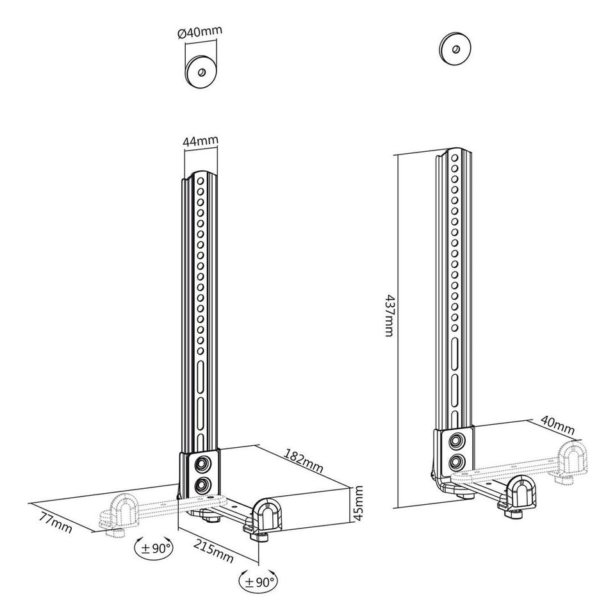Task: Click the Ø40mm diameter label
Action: pyautogui.click(x=200, y=32)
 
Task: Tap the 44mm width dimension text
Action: pyautogui.click(x=201, y=141)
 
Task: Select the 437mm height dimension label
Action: pyautogui.click(x=388, y=315)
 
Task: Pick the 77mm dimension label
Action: pyautogui.click(x=56, y=521)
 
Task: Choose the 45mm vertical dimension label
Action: pyautogui.click(x=358, y=504)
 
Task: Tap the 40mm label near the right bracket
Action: pyautogui.click(x=557, y=425)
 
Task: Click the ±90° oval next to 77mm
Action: pyautogui.click(x=154, y=548)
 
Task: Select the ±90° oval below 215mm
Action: pyautogui.click(x=258, y=581)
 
